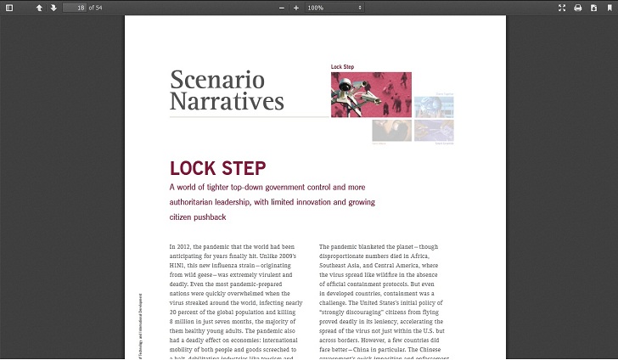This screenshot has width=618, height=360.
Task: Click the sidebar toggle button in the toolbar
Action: click(x=9, y=8)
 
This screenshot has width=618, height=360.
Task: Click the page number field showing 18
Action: click(x=75, y=8)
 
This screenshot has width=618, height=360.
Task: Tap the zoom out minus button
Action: click(x=282, y=8)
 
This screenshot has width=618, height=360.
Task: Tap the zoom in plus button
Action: click(x=296, y=8)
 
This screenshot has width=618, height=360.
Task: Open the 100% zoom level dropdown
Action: click(x=334, y=8)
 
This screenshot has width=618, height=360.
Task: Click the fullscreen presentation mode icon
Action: click(x=562, y=8)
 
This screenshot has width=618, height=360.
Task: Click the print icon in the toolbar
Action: click(x=578, y=8)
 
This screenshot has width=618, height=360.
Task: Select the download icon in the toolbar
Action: click(x=593, y=8)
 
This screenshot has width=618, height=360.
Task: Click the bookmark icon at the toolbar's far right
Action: click(x=609, y=8)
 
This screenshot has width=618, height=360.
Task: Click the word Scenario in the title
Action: click(x=217, y=81)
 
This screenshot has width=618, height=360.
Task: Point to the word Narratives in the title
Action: click(x=227, y=102)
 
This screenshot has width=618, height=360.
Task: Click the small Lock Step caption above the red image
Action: click(x=343, y=67)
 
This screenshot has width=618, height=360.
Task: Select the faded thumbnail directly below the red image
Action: click(x=391, y=130)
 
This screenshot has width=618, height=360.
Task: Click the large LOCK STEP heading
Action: click(x=217, y=168)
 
